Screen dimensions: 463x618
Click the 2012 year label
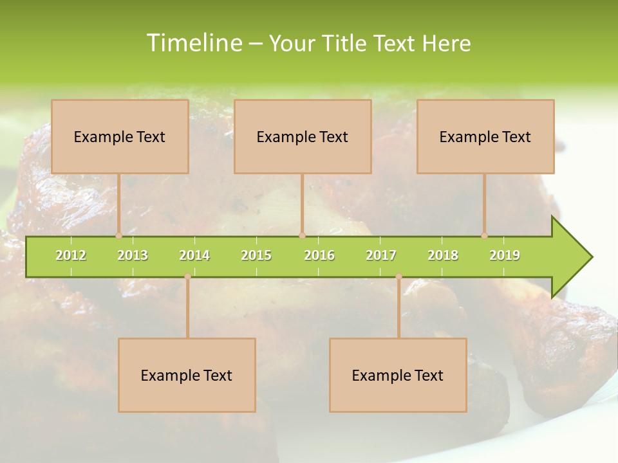71,255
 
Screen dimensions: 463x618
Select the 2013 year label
133,255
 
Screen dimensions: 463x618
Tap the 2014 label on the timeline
194,255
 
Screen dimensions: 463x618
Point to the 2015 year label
256,255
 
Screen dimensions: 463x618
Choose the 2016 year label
319,255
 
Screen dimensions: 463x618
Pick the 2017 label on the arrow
381,255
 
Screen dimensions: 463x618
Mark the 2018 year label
443,255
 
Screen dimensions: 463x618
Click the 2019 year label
505,255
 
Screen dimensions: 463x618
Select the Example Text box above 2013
120,136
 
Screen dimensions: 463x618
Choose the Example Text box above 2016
303,136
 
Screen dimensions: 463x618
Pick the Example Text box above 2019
485,136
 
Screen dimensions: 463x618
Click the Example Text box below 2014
187,375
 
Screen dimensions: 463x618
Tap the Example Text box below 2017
398,375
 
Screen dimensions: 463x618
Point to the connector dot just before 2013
118,236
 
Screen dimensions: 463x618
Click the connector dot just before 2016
302,236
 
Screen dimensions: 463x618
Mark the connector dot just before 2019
484,236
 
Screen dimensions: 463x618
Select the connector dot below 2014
187,277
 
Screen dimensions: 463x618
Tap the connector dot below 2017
398,277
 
